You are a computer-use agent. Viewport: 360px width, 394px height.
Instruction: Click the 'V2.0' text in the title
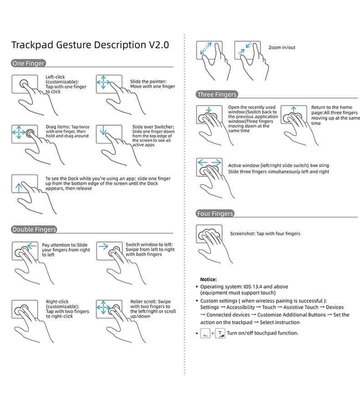[159, 45]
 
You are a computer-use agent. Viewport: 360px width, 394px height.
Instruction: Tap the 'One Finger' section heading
[28, 63]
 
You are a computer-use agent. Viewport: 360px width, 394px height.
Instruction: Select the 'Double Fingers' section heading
[35, 229]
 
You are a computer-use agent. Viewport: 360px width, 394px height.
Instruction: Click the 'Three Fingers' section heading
[217, 94]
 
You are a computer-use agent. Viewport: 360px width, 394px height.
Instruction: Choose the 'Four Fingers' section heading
[215, 213]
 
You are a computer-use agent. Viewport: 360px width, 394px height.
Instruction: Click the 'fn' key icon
[205, 334]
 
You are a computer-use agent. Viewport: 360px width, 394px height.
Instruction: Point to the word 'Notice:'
[208, 279]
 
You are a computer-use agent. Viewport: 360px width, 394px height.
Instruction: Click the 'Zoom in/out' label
[282, 47]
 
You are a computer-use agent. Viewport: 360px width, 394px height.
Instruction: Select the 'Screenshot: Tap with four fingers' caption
[265, 233]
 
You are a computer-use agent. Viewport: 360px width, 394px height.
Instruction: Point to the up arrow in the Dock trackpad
[18, 187]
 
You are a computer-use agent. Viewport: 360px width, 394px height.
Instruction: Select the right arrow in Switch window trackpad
[103, 247]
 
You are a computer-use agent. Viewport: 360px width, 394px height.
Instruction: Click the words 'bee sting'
[320, 166]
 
